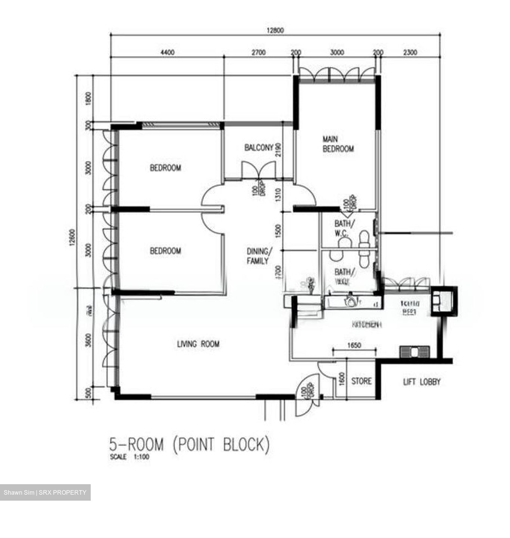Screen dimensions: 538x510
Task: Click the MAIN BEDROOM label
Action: (338, 144)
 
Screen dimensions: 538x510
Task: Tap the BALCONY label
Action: (259, 148)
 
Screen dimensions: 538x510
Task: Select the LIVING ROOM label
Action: (198, 344)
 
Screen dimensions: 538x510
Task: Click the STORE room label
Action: (361, 381)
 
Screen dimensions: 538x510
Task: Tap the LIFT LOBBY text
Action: (422, 382)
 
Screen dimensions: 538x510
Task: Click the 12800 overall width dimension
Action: (275, 31)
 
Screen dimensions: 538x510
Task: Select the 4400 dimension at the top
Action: (167, 53)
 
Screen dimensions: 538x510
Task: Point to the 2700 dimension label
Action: (258, 53)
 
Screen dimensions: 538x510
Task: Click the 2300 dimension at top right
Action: (410, 53)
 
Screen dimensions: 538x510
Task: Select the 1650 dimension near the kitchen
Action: (354, 346)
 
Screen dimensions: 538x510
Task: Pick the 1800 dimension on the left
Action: (88, 99)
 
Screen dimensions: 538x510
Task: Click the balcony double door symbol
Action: (258, 170)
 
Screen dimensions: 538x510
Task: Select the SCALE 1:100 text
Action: (130, 457)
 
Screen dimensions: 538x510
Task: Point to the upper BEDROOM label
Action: (165, 168)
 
